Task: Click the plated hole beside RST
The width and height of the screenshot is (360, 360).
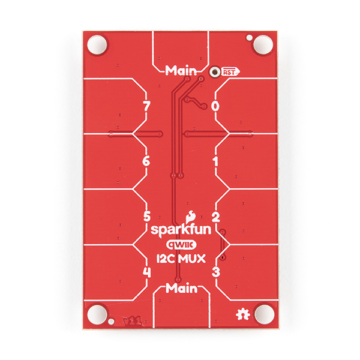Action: click(214, 71)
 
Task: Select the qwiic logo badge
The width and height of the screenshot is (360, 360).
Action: click(180, 245)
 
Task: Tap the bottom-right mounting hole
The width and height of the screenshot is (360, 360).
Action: click(262, 314)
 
